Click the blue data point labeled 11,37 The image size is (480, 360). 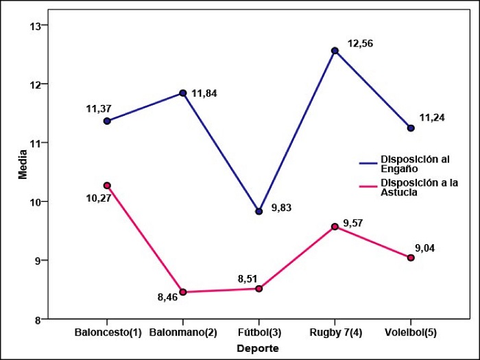(x=107, y=121)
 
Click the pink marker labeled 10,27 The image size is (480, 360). (x=107, y=185)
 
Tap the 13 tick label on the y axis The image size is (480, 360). (x=35, y=25)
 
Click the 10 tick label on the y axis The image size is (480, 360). (x=35, y=202)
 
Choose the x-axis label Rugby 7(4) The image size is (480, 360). (x=335, y=333)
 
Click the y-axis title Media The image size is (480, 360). (x=23, y=165)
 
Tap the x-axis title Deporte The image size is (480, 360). (x=257, y=348)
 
